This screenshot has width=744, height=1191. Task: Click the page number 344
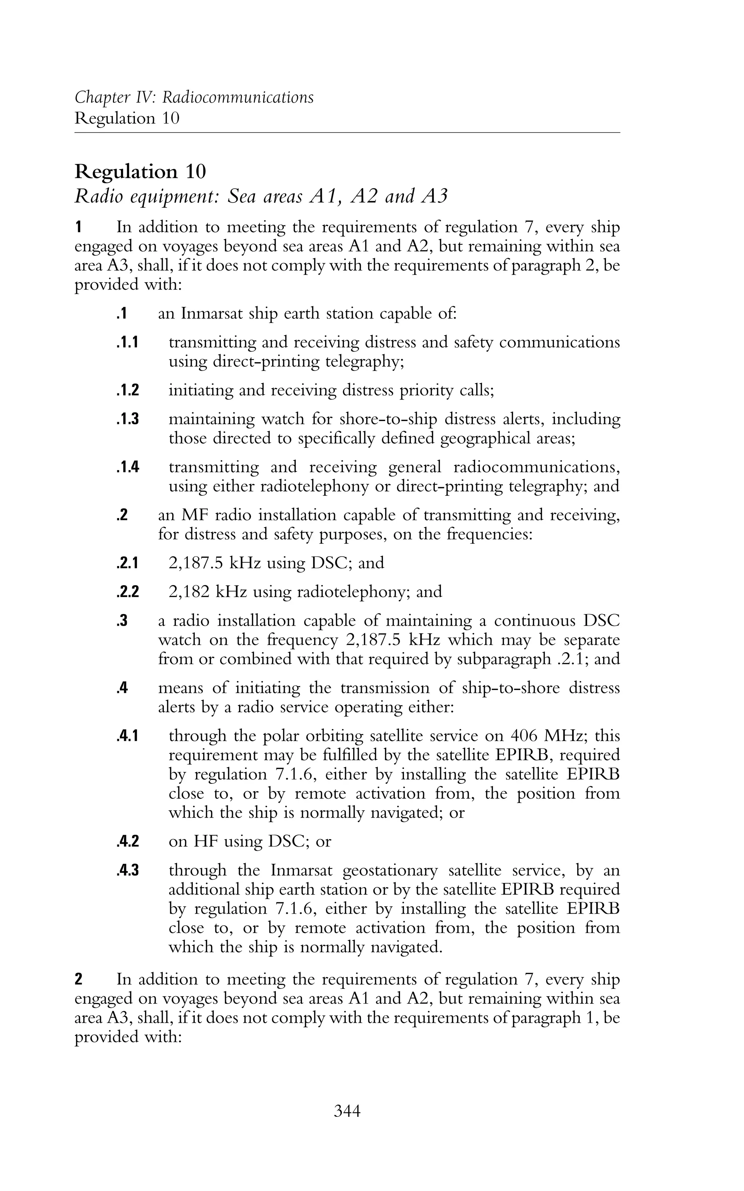pos(347,1111)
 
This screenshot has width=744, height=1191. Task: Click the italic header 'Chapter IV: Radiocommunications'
pos(194,97)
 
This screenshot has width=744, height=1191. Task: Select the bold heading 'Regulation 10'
pos(140,172)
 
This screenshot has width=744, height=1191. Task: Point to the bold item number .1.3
pos(128,420)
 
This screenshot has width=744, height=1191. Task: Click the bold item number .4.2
pos(128,841)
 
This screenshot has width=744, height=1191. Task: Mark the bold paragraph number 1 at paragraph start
pos(78,228)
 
